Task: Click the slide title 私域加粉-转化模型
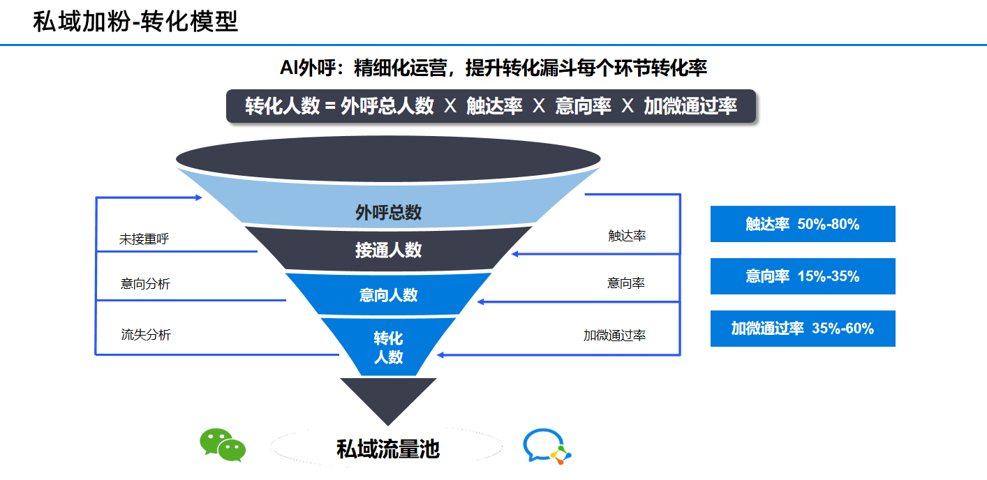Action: pos(135,22)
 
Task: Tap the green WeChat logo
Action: pos(222,445)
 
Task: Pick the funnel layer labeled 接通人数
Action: pos(388,250)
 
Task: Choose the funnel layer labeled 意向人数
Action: pos(388,294)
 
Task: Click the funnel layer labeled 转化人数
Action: pos(388,347)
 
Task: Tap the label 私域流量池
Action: pos(388,449)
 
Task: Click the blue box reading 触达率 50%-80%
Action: pos(803,224)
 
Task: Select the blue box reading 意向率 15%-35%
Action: pos(803,276)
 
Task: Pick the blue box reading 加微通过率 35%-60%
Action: pos(803,329)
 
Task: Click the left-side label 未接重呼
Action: pos(144,239)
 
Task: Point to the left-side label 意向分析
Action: pos(145,284)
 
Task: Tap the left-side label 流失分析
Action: pos(146,335)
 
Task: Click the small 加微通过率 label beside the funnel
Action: pos(614,336)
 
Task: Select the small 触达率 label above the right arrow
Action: pos(627,236)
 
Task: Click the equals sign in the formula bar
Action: pos(330,106)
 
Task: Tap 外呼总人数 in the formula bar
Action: pos(387,106)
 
